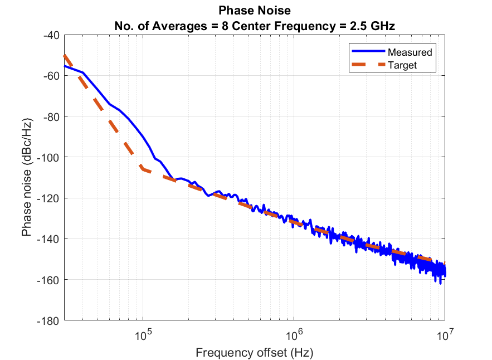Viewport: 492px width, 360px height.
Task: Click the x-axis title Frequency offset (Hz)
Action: tap(255, 352)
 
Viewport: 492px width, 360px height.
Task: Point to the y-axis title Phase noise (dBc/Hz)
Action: tap(26, 177)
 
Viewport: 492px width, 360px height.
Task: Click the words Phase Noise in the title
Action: tap(255, 11)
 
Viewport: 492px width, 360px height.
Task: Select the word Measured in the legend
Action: tap(410, 52)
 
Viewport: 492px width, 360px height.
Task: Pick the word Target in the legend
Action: tap(403, 65)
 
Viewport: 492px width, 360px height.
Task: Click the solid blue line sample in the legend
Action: tap(368, 52)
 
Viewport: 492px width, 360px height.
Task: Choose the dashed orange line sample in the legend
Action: tap(368, 65)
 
